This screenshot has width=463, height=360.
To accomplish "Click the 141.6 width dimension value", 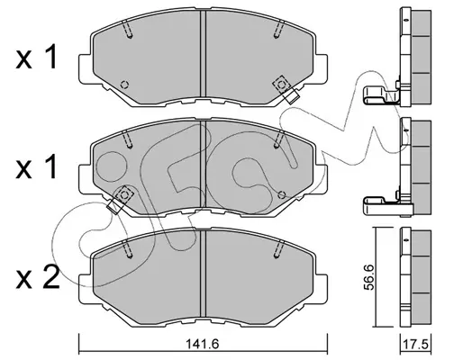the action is [203, 344].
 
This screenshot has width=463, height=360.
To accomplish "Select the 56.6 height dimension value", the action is [369, 277].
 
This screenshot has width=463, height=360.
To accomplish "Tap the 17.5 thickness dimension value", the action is [416, 345].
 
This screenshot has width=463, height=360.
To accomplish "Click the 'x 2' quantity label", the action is [38, 277].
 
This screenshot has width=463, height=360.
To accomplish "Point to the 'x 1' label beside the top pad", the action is [36, 57].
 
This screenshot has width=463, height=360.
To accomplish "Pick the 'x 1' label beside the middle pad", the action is [36, 166].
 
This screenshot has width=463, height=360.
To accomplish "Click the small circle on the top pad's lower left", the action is [124, 85].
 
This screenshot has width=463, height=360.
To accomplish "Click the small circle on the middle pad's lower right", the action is [282, 194].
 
